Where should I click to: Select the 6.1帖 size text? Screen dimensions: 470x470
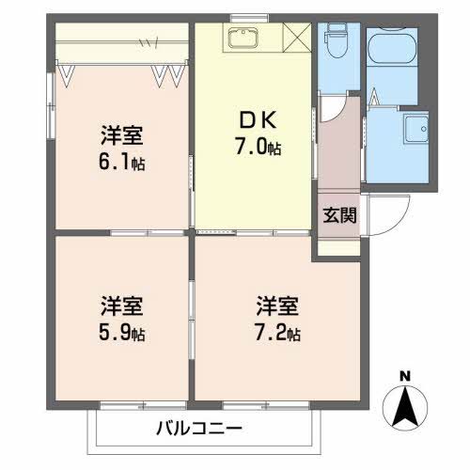[122, 161]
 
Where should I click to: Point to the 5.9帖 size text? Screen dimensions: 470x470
[122, 333]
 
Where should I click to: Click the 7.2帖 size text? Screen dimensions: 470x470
[278, 333]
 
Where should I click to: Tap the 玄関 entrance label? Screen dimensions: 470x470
[339, 215]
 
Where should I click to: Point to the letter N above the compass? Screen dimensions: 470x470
[405, 377]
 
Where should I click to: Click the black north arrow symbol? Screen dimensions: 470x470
[405, 406]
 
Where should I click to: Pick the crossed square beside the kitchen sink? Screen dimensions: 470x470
[297, 38]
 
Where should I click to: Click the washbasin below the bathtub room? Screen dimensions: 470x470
[414, 129]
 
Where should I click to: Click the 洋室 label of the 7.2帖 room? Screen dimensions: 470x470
[277, 306]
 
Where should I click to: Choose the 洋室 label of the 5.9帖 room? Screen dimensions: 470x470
[121, 306]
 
